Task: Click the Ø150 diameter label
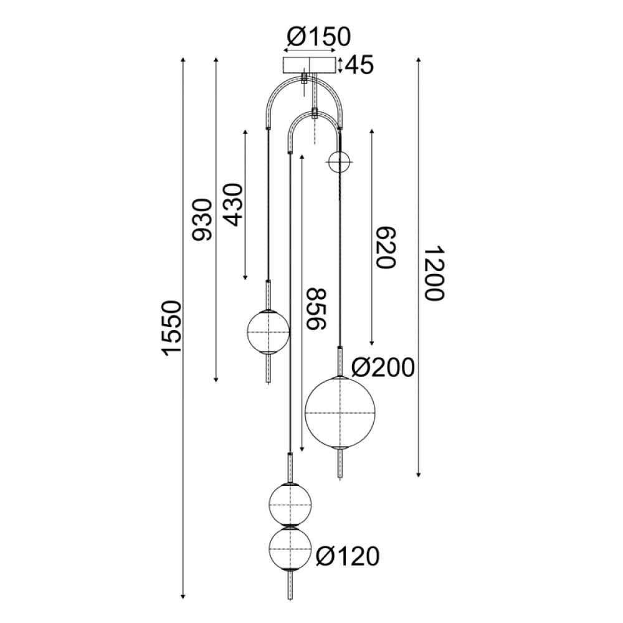(318, 36)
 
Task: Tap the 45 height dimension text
(359, 65)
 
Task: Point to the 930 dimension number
(202, 220)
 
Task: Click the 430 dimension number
(232, 204)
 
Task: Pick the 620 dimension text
(386, 247)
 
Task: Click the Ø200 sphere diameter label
(383, 367)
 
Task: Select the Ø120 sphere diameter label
(348, 556)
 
